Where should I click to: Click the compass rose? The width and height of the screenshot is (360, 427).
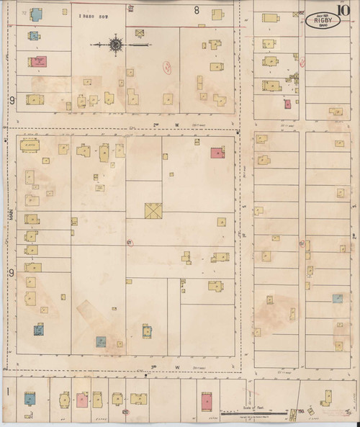click(115, 45)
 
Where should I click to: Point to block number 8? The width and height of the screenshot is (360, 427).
click(197, 10)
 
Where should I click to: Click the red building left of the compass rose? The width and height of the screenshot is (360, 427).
click(38, 62)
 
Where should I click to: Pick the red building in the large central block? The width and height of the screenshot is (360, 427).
click(217, 153)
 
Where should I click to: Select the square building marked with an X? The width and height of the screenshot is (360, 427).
click(153, 212)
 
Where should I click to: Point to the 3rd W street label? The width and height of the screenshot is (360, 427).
click(154, 367)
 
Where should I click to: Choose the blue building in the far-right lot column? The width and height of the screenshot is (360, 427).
click(336, 297)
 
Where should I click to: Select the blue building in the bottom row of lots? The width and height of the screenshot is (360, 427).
click(30, 398)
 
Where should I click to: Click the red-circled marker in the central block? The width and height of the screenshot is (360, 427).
click(130, 242)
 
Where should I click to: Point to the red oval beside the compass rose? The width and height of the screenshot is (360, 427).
click(166, 67)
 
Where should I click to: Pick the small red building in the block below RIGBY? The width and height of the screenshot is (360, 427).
click(287, 104)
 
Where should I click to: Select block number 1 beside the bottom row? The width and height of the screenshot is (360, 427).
click(8, 391)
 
